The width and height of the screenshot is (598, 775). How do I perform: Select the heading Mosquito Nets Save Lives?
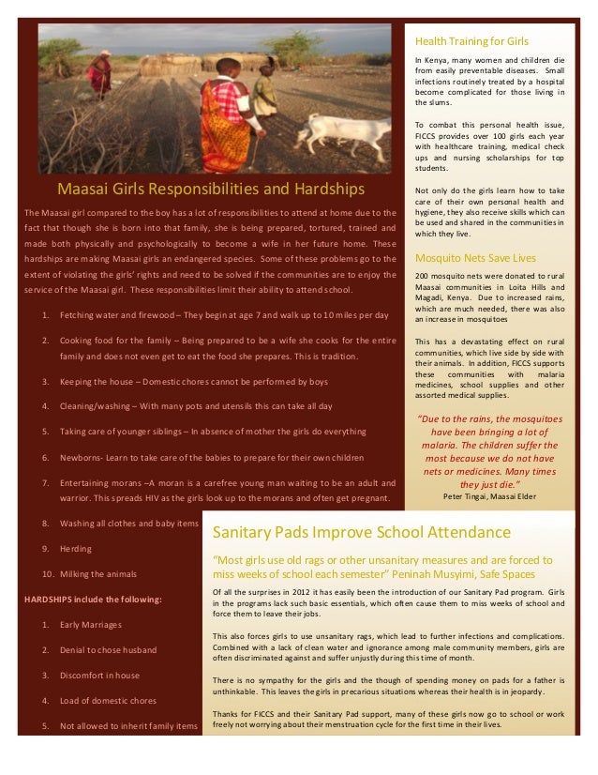coord(475,257)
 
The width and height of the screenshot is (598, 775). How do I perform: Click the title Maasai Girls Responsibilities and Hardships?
coord(211,189)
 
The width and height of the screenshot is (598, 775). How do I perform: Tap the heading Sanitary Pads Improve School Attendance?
coord(362,533)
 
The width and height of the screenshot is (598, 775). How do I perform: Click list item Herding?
coord(75,548)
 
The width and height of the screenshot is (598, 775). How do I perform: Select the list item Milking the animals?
coord(97,573)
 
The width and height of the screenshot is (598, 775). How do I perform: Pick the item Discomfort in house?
coord(99,675)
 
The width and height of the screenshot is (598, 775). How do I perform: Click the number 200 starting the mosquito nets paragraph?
coord(422,276)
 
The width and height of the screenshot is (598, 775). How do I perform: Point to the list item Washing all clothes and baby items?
coord(128,523)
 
